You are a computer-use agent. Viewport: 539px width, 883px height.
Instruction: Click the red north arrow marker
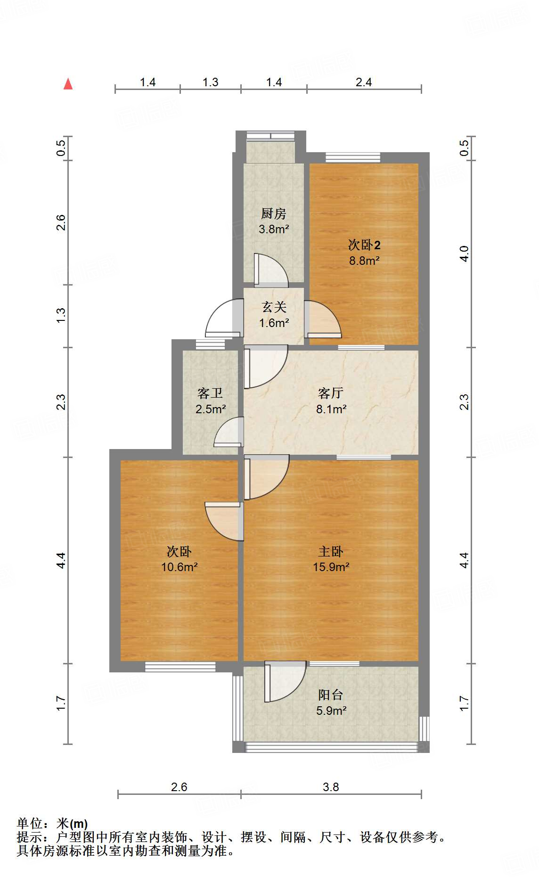(68, 84)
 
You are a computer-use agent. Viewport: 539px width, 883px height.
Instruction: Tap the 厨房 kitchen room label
(273, 213)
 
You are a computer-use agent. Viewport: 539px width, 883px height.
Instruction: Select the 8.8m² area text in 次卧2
(364, 261)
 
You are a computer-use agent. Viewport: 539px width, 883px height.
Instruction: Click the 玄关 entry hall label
(274, 307)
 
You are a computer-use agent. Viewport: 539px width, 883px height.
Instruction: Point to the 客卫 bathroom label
(210, 393)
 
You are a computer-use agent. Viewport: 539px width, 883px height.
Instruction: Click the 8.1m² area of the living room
(331, 409)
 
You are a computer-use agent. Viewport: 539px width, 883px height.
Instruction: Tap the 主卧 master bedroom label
(331, 551)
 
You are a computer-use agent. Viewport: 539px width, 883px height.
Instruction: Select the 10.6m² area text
(179, 567)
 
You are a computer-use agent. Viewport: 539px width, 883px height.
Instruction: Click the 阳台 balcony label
(330, 695)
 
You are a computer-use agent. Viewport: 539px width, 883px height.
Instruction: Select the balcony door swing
(285, 681)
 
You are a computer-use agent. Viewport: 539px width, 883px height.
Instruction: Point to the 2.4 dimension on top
(363, 82)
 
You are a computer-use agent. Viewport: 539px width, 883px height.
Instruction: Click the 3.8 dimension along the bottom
(330, 787)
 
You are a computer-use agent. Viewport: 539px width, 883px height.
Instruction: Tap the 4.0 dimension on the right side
(464, 254)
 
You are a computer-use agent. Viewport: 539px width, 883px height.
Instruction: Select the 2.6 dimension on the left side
(61, 222)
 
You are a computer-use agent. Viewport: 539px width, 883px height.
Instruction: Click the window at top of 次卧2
(352, 157)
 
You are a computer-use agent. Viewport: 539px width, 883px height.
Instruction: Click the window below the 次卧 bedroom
(180, 666)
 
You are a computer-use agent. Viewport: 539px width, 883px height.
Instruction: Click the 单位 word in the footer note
(30, 824)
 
